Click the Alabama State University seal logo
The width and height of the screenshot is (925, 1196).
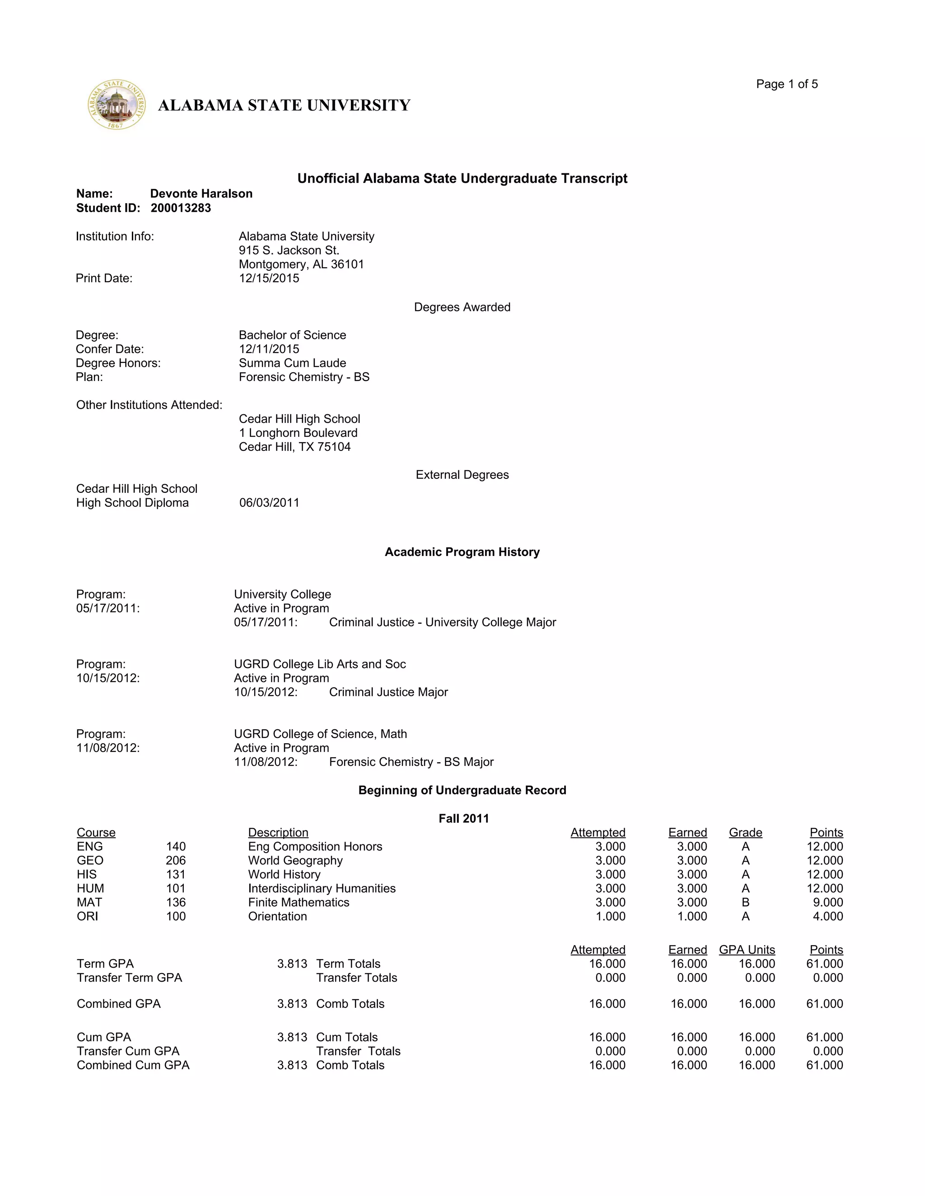coord(117,105)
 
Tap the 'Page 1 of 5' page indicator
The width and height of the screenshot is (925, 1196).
coord(786,84)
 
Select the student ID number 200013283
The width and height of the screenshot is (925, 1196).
coord(181,208)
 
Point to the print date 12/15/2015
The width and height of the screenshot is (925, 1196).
coord(269,278)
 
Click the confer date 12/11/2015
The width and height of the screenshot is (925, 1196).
coord(269,349)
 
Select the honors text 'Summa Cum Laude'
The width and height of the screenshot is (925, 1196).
coord(292,363)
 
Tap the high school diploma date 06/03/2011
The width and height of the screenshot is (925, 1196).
coord(269,503)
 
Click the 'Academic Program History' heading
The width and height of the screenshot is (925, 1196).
coord(462,552)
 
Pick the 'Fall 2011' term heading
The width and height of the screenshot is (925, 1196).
coord(463,818)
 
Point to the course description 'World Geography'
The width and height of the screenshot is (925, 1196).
coord(295,860)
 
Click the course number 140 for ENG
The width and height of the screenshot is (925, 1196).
coord(176,846)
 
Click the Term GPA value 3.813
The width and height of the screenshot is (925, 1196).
coord(292,964)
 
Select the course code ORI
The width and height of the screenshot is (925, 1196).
coord(88,916)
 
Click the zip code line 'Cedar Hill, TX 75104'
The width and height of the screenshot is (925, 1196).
coord(294,447)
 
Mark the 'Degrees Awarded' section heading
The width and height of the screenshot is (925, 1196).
coord(462,307)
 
